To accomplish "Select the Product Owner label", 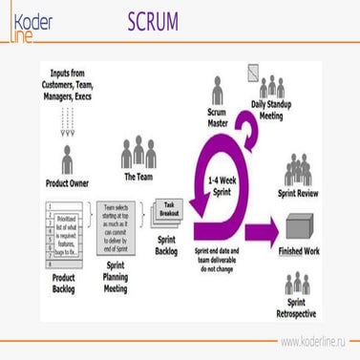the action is tap(68, 181).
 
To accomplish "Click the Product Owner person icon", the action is tap(68, 157).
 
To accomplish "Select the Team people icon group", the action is tap(138, 154).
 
